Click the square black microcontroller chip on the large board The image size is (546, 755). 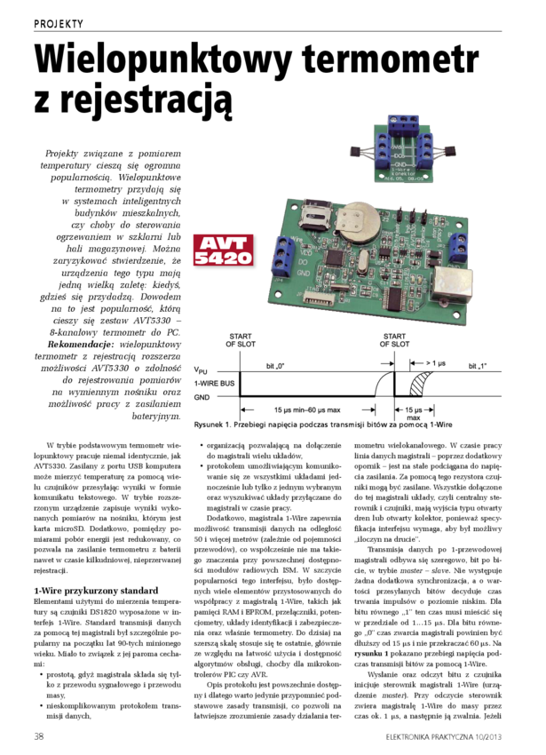(336, 257)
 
